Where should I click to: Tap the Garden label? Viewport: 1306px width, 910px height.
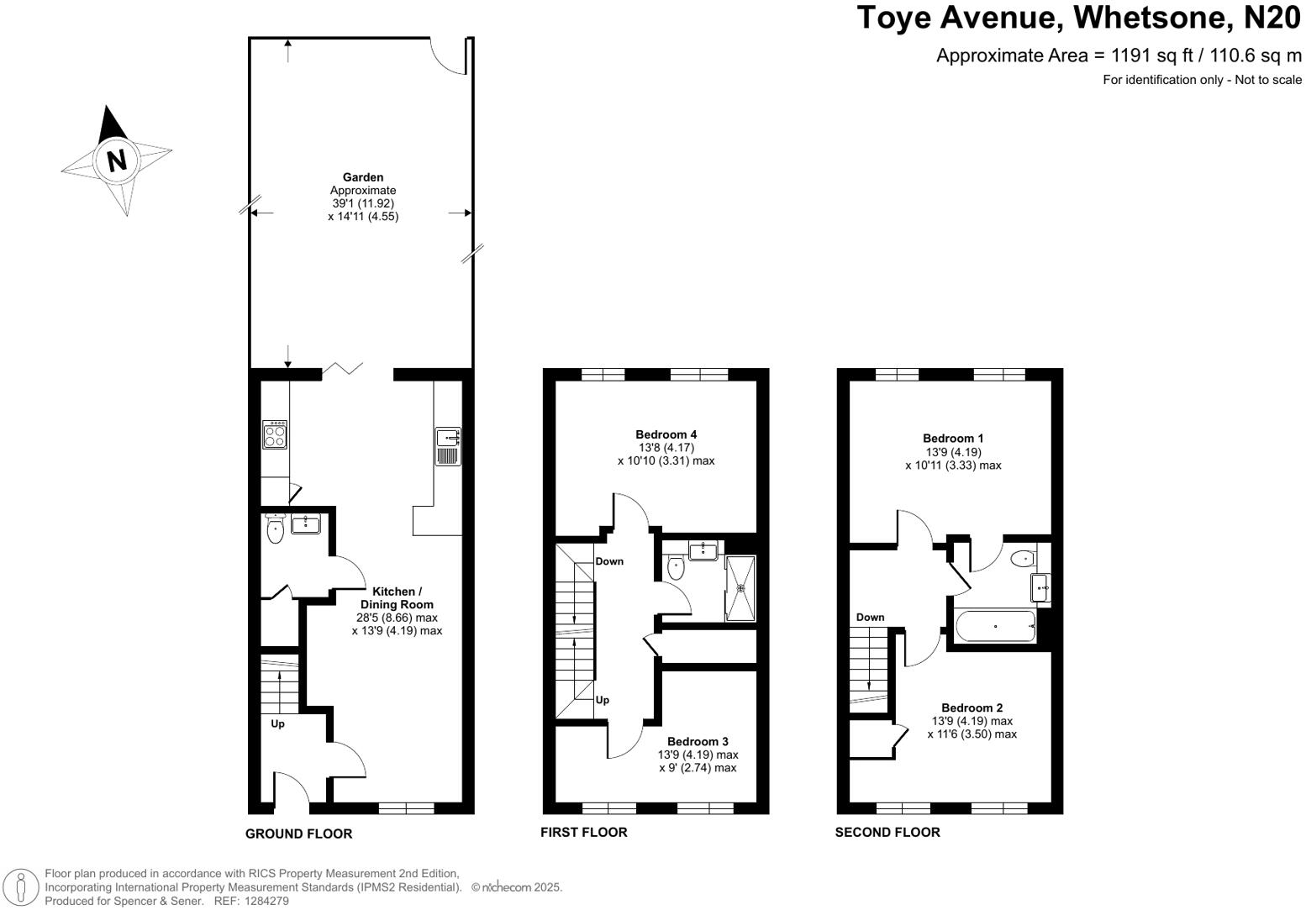tap(363, 177)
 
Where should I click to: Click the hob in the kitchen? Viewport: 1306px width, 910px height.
tap(275, 434)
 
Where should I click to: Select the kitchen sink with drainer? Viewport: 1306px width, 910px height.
tap(448, 446)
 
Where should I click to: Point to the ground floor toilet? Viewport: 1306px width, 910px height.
tap(275, 529)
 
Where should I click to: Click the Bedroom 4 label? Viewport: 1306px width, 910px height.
tap(666, 434)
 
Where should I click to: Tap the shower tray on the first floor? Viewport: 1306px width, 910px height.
tap(740, 588)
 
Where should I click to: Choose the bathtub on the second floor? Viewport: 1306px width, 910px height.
tap(995, 626)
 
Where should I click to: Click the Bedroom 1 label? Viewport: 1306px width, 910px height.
tap(953, 439)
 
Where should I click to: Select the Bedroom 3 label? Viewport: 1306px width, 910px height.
tap(698, 741)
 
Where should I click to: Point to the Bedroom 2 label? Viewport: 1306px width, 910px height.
tap(972, 707)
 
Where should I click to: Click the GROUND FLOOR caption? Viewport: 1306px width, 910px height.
tap(298, 834)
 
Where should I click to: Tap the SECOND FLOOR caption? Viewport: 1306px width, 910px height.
tap(887, 832)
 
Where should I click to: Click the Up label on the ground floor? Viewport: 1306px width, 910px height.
tap(277, 724)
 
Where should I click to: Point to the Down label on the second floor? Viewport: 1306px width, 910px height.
tap(870, 617)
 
